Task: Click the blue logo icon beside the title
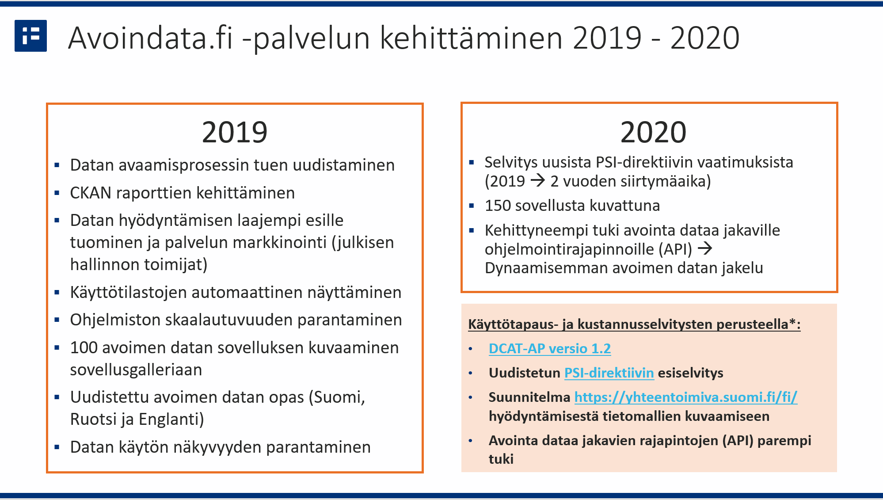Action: [30, 36]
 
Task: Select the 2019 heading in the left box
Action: [235, 132]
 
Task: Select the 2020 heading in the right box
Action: [653, 132]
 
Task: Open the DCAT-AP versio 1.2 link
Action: [550, 349]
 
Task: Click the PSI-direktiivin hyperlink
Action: [609, 373]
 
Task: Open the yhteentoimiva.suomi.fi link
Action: [685, 397]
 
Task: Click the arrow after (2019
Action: [538, 181]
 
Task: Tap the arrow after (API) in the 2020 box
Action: [705, 248]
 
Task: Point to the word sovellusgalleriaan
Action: [136, 370]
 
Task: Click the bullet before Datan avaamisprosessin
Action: [57, 166]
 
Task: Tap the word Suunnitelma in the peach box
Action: [529, 397]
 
